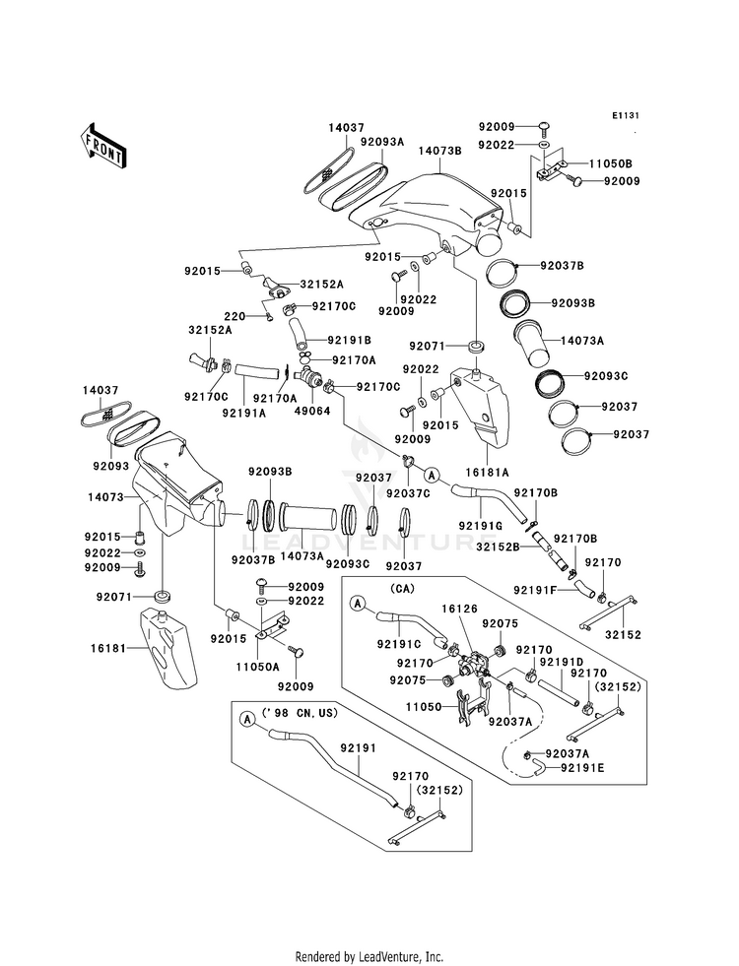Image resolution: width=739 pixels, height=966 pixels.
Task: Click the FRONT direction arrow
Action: click(x=102, y=144)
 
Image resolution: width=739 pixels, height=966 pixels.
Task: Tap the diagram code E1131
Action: click(x=625, y=116)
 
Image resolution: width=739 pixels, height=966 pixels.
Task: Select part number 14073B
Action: click(x=439, y=151)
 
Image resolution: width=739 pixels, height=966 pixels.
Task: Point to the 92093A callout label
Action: click(x=381, y=142)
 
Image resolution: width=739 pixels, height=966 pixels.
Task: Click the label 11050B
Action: click(x=611, y=162)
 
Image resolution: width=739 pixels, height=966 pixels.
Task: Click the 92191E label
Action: click(x=582, y=765)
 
